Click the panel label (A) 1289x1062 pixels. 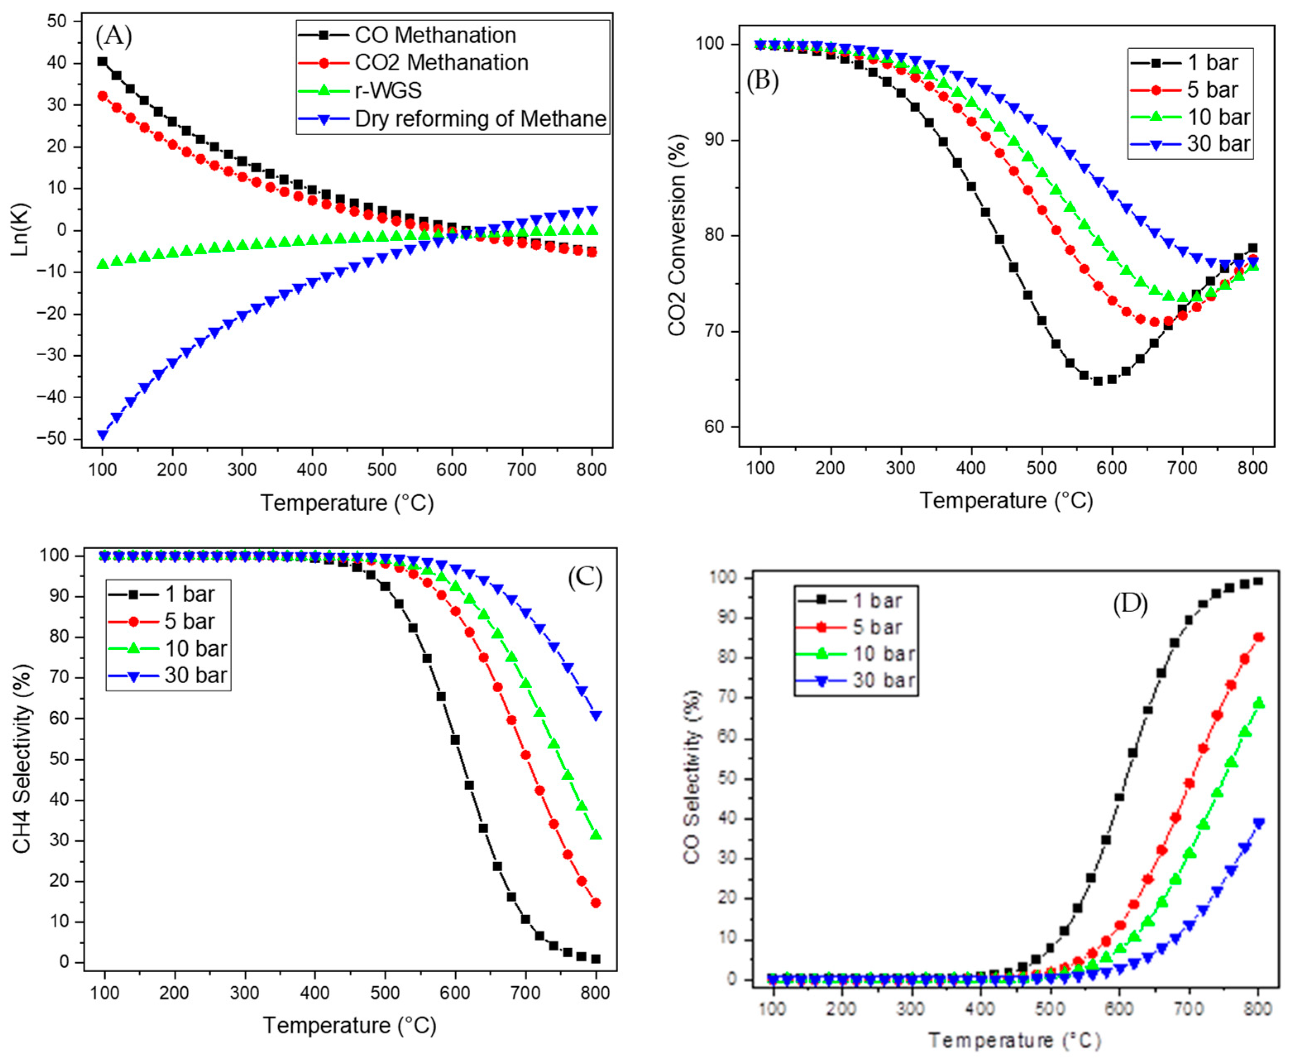tap(114, 37)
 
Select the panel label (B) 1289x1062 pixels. tap(762, 81)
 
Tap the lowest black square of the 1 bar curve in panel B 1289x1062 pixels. tap(1098, 380)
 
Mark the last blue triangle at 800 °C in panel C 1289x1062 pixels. tap(596, 716)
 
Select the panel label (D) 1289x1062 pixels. tap(1129, 605)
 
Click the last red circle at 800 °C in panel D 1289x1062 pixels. tap(1258, 637)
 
